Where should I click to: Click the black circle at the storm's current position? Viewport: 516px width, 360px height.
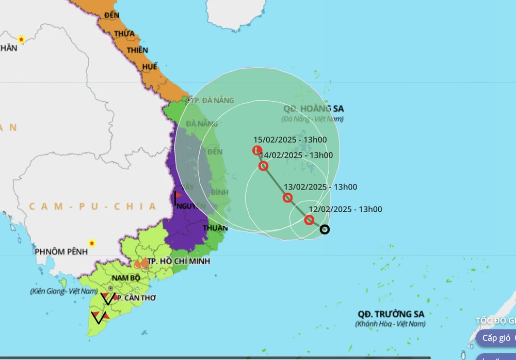point(325,229)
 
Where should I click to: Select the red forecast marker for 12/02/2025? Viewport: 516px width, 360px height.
point(309,220)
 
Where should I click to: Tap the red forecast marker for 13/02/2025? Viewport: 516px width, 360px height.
point(288,197)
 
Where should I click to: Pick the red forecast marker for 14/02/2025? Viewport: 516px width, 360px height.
point(263,166)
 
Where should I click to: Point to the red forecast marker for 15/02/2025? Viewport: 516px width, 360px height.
point(257,150)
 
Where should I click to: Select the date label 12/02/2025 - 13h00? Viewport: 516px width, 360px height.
point(345,209)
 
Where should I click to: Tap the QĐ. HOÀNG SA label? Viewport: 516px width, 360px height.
point(313,109)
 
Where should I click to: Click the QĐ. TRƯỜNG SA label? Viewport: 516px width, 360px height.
point(391,314)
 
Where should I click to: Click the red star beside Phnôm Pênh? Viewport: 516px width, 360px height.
point(92,243)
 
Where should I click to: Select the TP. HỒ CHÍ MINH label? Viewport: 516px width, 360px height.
point(178,261)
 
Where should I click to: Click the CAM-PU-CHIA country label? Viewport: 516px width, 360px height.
point(92,207)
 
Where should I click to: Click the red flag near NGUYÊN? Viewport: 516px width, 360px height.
point(178,196)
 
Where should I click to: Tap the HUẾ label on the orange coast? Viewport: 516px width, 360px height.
point(150,67)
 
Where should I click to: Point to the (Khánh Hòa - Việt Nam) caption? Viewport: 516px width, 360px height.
point(390,324)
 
